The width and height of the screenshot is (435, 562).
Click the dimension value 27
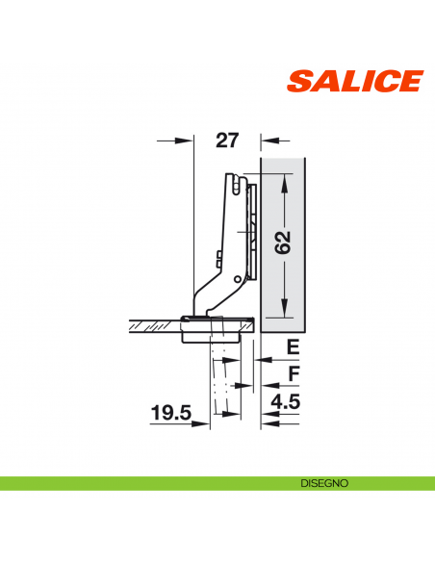click(x=227, y=140)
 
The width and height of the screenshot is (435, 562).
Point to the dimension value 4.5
click(x=287, y=402)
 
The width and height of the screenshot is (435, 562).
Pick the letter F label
click(x=294, y=372)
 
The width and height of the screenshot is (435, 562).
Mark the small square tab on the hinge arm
click(x=220, y=258)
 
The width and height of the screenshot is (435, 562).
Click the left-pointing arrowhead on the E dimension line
click(x=267, y=358)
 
